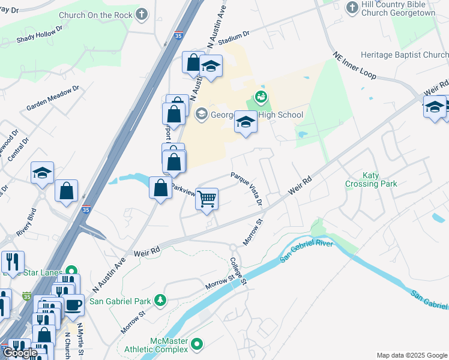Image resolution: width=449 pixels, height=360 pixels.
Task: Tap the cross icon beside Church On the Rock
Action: (x=142, y=14)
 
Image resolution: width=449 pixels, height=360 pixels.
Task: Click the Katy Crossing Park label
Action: (x=371, y=179)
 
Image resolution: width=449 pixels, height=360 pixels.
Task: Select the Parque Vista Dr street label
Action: (x=247, y=188)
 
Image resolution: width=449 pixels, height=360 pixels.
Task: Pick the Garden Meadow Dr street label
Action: (x=53, y=98)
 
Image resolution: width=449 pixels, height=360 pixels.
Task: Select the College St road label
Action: (x=239, y=271)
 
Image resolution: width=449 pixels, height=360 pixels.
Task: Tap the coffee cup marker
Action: (x=73, y=304)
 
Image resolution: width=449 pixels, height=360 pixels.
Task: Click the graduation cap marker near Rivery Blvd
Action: (x=43, y=172)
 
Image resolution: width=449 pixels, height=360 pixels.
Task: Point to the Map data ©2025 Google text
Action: (x=411, y=355)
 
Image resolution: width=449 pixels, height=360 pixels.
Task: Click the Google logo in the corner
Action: (x=20, y=353)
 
